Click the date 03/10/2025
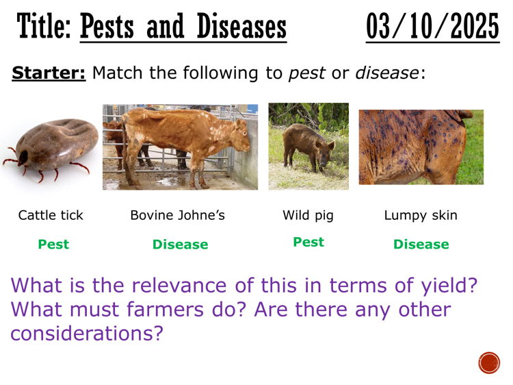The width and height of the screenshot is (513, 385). click(432, 27)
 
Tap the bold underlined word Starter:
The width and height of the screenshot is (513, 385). click(49, 73)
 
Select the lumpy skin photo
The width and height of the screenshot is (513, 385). click(421, 147)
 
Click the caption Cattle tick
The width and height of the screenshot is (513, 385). click(51, 215)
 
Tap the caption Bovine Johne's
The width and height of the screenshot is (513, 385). click(178, 215)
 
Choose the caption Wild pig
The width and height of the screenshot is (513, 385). click(308, 215)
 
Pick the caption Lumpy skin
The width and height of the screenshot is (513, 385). click(421, 215)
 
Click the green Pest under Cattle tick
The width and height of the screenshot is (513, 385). click(53, 244)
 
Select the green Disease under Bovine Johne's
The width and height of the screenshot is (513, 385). click(180, 245)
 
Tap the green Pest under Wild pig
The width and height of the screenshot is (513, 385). click(308, 242)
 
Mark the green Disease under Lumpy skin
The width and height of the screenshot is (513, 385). click(421, 245)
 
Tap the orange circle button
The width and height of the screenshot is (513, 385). click(489, 362)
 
